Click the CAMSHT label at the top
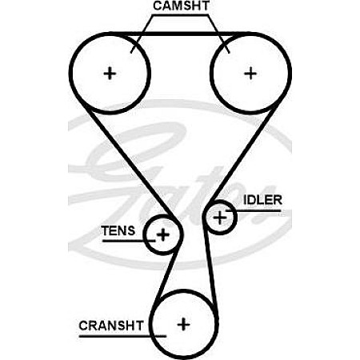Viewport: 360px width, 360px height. click(x=181, y=6)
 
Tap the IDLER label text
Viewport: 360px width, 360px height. click(x=262, y=200)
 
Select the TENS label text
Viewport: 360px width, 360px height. click(x=118, y=230)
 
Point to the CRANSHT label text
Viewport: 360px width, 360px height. click(x=111, y=326)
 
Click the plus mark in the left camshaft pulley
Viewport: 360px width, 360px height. click(x=110, y=73)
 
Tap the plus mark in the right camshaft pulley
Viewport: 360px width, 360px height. click(x=250, y=73)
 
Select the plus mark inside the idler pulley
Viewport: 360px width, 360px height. click(x=220, y=218)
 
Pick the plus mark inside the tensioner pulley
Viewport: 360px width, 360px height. click(x=163, y=234)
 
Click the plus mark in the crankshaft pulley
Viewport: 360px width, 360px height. click(x=183, y=325)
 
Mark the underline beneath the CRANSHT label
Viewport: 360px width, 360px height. click(x=122, y=336)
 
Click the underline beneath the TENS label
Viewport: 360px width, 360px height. click(x=129, y=241)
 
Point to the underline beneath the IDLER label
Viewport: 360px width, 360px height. click(x=254, y=210)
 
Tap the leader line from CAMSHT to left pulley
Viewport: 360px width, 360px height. click(x=142, y=34)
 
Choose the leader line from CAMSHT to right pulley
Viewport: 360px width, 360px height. click(x=219, y=34)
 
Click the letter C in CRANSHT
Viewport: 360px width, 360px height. click(x=83, y=326)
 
